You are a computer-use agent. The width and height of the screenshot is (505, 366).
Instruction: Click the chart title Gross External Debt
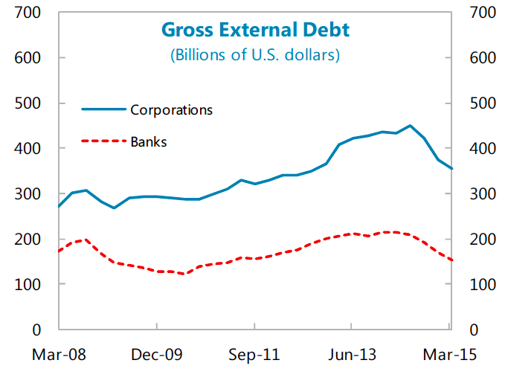255,30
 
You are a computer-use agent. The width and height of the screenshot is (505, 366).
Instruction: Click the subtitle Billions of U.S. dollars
255,54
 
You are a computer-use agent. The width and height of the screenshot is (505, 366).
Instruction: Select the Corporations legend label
171,110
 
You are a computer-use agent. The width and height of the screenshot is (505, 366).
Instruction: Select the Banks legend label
148,141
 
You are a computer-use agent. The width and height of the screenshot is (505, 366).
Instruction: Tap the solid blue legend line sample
103,110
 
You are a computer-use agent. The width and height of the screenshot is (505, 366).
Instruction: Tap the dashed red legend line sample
103,141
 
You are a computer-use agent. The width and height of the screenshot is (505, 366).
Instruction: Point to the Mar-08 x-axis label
59,353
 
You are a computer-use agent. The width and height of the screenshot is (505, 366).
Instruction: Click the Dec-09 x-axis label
157,353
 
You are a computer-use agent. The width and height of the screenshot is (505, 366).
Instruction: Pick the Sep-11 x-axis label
254,353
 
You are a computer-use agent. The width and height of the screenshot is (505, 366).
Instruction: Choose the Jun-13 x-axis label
351,353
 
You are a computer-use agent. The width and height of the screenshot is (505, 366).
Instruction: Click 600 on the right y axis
483,58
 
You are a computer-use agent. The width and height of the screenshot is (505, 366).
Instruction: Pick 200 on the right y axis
483,240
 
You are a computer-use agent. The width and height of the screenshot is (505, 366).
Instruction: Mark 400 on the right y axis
483,149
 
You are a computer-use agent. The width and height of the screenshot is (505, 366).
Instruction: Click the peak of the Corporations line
410,126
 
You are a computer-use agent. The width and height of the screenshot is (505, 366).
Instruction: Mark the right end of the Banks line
451,260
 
